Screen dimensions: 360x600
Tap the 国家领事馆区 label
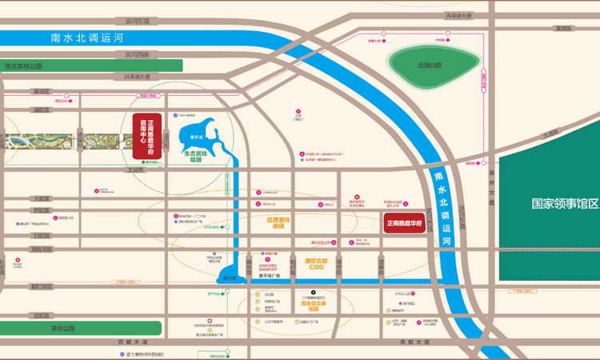(565, 203)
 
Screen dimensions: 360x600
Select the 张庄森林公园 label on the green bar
(23, 66)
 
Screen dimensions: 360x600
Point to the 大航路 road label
(40, 198)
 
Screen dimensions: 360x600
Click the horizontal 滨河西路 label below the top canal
(131, 54)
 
